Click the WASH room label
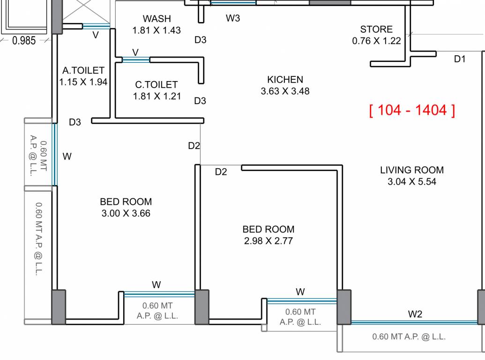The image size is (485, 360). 157,19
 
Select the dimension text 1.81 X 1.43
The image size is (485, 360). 157,30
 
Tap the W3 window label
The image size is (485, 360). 233,18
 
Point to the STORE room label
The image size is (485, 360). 376,30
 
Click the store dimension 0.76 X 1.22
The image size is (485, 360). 376,41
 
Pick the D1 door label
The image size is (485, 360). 460,59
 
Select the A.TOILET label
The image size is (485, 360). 83,71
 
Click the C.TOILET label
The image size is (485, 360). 157,85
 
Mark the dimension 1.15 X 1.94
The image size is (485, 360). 83,82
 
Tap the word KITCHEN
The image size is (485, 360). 285,80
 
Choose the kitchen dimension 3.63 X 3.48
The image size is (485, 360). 285,91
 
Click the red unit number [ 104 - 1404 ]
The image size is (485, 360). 411,110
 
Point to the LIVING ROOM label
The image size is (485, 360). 411,170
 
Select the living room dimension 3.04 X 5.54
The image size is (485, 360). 411,182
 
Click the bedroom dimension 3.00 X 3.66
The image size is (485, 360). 126,214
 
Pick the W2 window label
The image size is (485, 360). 415,314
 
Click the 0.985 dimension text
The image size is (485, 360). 24,41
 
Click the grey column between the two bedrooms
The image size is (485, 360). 201,307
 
